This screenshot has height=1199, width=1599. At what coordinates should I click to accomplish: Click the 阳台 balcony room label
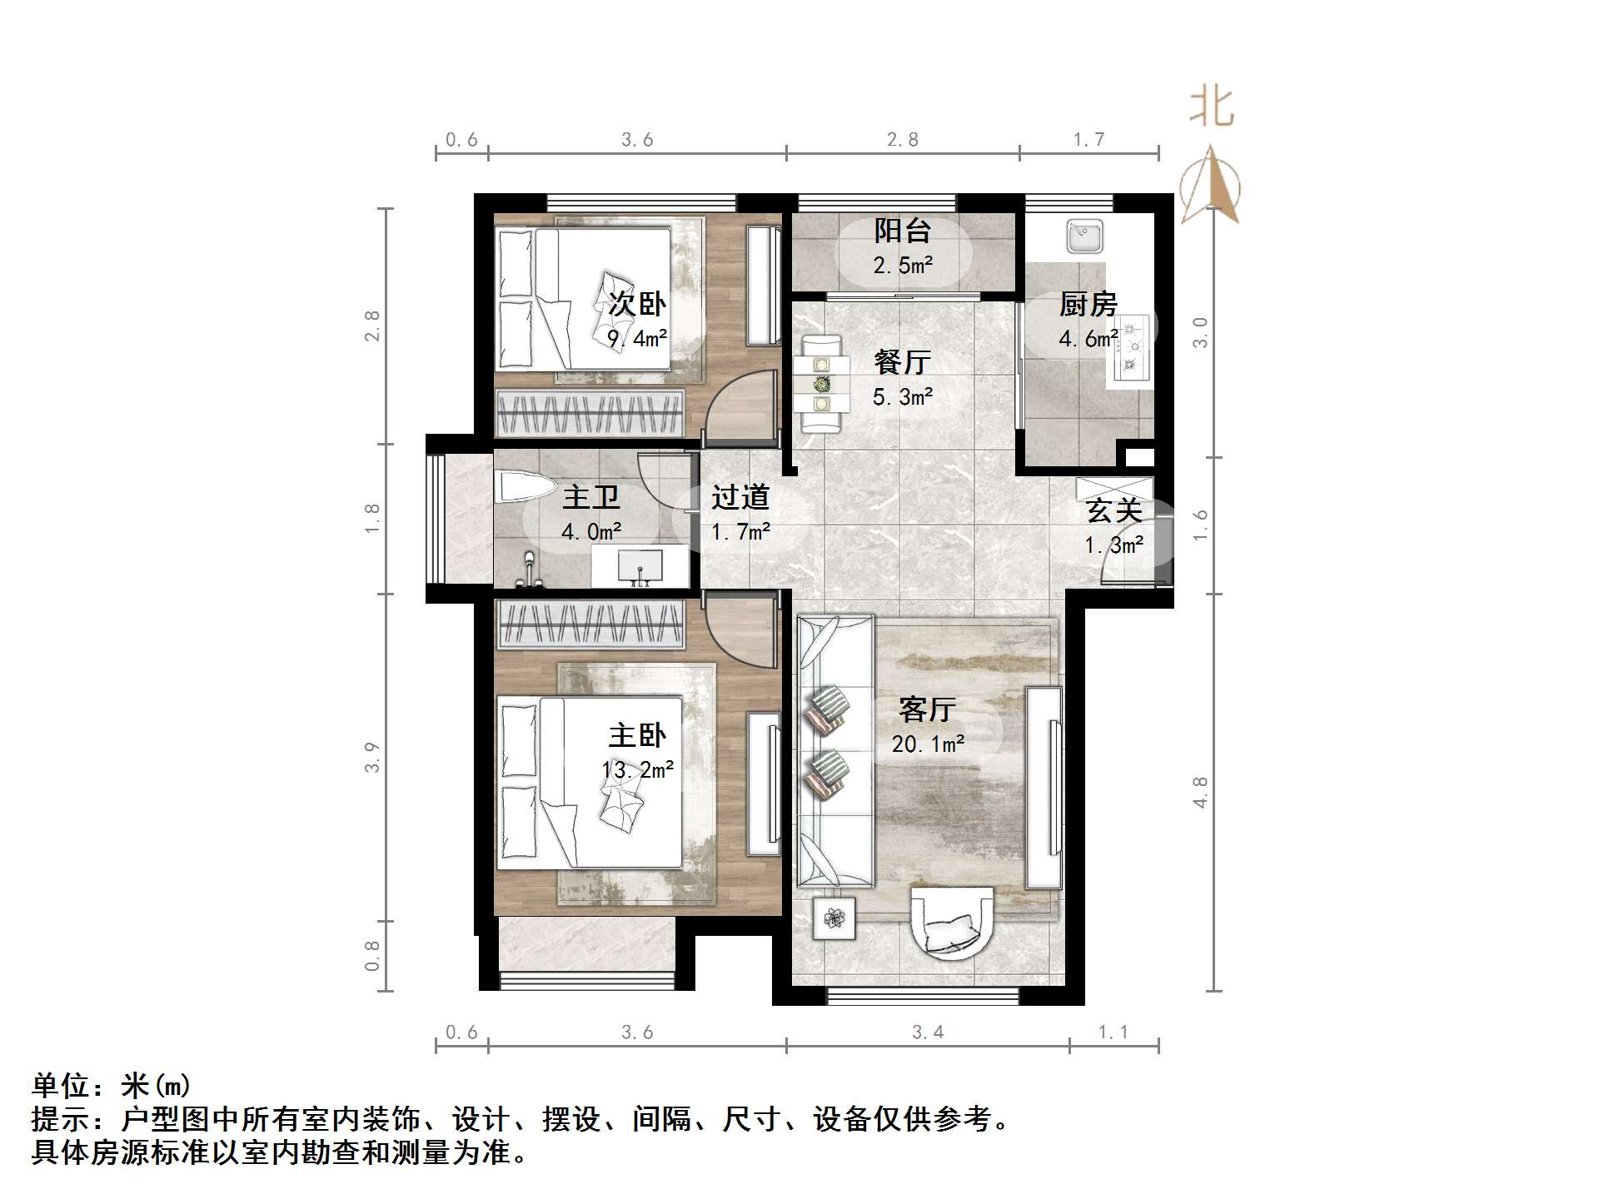click(x=902, y=231)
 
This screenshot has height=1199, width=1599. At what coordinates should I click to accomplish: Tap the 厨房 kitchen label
click(x=1088, y=305)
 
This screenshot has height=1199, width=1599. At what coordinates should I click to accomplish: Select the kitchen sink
click(x=1084, y=236)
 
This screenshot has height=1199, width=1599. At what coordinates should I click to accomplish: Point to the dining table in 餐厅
click(x=822, y=384)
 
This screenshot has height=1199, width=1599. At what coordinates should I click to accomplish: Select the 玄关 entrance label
click(x=1113, y=511)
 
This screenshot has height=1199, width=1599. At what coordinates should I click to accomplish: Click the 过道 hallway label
click(x=740, y=498)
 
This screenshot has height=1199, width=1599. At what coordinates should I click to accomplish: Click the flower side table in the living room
click(x=834, y=918)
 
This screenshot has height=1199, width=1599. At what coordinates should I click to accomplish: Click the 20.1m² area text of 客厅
click(x=928, y=744)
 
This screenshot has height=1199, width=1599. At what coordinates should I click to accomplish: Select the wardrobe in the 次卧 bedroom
click(x=589, y=412)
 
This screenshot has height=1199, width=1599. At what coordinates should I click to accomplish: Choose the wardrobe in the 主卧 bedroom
click(x=589, y=624)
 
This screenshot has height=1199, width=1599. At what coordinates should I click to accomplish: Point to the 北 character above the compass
click(x=1211, y=108)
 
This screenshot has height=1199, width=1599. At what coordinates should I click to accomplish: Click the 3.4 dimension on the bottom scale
click(x=928, y=1032)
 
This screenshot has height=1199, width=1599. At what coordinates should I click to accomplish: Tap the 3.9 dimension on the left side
click(x=371, y=757)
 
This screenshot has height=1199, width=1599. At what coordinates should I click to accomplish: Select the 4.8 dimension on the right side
click(x=1200, y=792)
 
